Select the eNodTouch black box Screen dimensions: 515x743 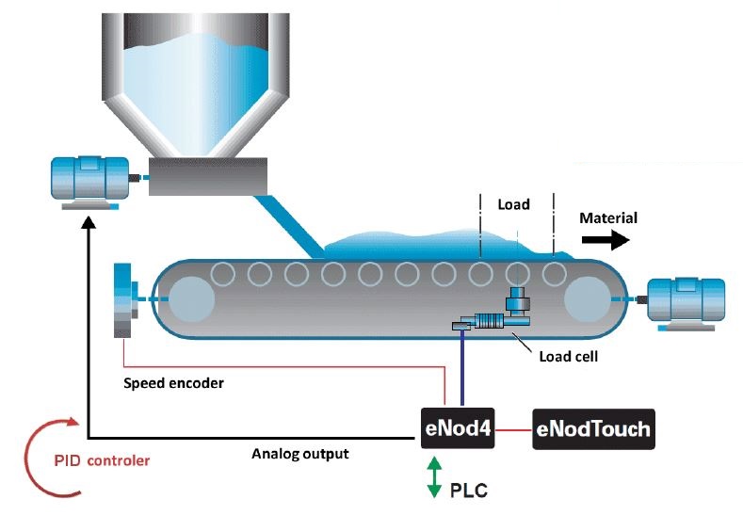point(592,428)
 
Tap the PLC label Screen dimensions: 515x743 point(469,491)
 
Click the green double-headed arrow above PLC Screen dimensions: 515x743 point(434,476)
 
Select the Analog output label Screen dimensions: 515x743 point(300,454)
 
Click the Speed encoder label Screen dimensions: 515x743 point(173,383)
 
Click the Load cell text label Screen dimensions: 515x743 point(568,357)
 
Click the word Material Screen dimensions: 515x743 point(607,218)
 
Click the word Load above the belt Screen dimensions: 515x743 point(513,203)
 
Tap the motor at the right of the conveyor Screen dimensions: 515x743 point(685,302)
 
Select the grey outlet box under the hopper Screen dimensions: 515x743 point(207,176)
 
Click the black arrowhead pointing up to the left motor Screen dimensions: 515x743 point(89,225)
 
